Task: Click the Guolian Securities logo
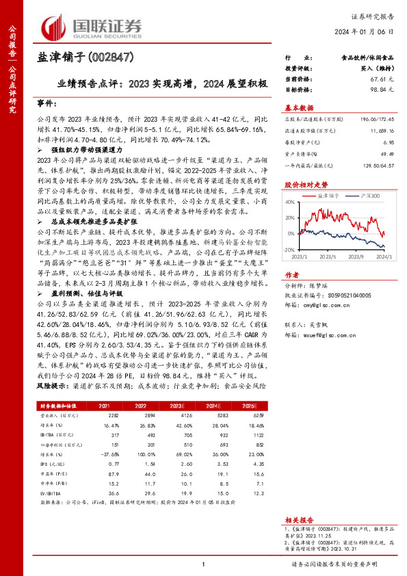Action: coord(92,27)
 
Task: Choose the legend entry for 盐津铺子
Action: coord(319,196)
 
